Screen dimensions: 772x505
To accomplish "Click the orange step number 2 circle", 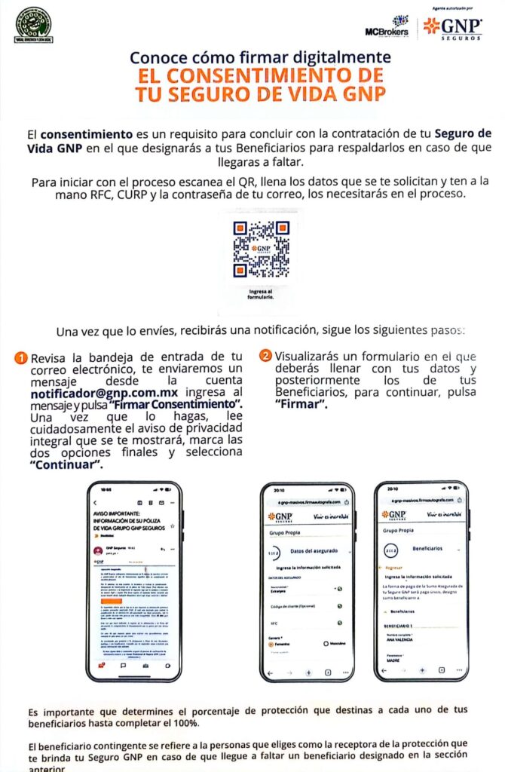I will point(265,355).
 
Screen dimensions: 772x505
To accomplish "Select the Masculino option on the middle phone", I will point(330,643).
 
